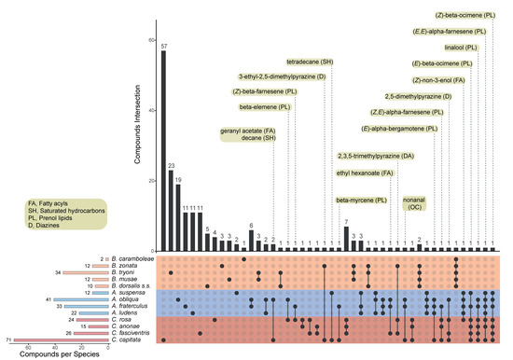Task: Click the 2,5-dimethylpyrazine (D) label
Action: pyautogui.click(x=418, y=96)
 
